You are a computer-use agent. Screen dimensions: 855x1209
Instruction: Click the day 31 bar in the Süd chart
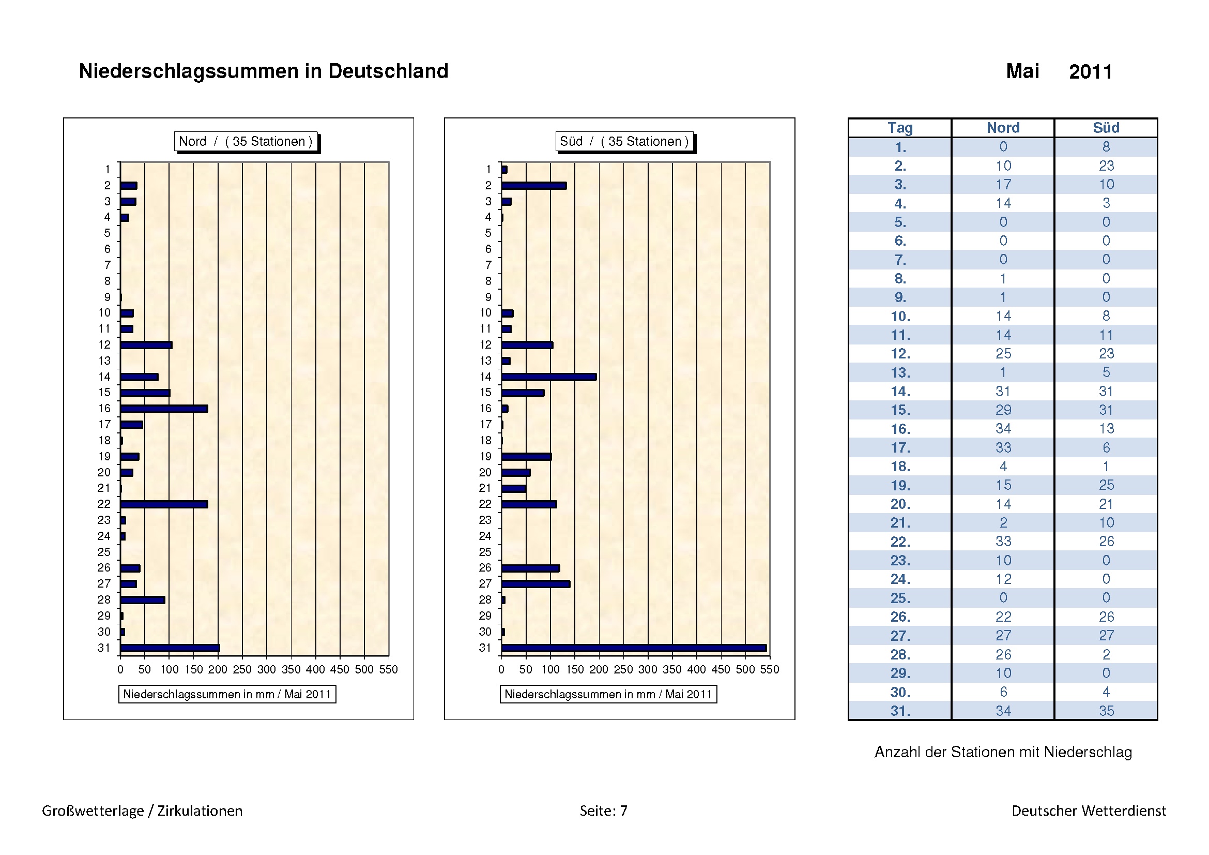[634, 648]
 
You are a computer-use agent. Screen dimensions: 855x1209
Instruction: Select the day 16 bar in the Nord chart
[164, 409]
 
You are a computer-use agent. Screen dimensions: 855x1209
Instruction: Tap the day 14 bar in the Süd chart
[549, 377]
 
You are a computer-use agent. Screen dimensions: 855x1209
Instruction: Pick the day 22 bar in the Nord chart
[164, 505]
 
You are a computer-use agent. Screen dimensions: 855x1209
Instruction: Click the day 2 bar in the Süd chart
[534, 186]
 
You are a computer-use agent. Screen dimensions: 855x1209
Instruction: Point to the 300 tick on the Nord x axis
[266, 669]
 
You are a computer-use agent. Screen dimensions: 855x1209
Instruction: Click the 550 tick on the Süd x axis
[769, 669]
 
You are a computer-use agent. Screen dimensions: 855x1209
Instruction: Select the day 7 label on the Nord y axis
[108, 265]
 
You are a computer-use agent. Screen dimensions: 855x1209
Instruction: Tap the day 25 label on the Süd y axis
[485, 552]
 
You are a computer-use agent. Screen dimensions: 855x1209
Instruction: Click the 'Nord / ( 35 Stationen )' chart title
[246, 141]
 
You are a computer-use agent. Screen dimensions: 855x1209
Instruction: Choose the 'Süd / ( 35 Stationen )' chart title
[624, 141]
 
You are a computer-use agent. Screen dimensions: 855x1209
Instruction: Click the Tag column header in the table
[900, 128]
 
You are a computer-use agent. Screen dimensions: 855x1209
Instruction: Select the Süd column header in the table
[1106, 128]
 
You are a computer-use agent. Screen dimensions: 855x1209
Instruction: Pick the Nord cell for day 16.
[1003, 429]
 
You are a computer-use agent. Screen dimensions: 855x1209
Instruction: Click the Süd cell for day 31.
[1106, 711]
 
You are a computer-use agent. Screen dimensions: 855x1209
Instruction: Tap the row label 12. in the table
[900, 353]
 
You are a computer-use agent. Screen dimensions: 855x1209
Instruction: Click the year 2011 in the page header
[1091, 72]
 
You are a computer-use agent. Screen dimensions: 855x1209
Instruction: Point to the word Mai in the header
[1022, 71]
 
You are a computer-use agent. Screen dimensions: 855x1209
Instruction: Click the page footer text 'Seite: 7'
[603, 810]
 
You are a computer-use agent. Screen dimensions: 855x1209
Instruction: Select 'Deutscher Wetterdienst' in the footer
[1089, 810]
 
